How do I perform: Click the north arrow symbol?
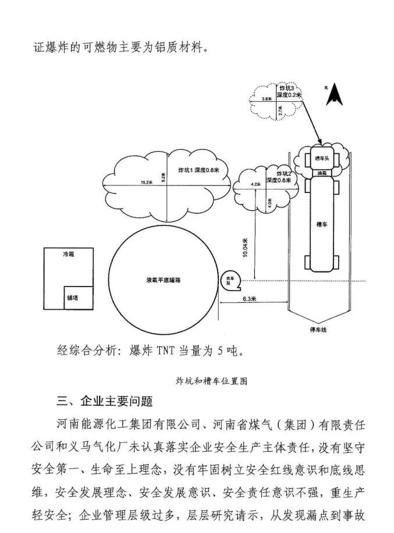334,95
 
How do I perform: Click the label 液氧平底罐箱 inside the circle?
164,280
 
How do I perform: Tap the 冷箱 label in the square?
69,254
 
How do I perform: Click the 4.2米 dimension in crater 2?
255,184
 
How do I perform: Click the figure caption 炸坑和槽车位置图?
211,381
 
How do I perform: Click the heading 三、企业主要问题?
105,402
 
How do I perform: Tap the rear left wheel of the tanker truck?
307,262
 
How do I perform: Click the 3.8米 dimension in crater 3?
266,99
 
